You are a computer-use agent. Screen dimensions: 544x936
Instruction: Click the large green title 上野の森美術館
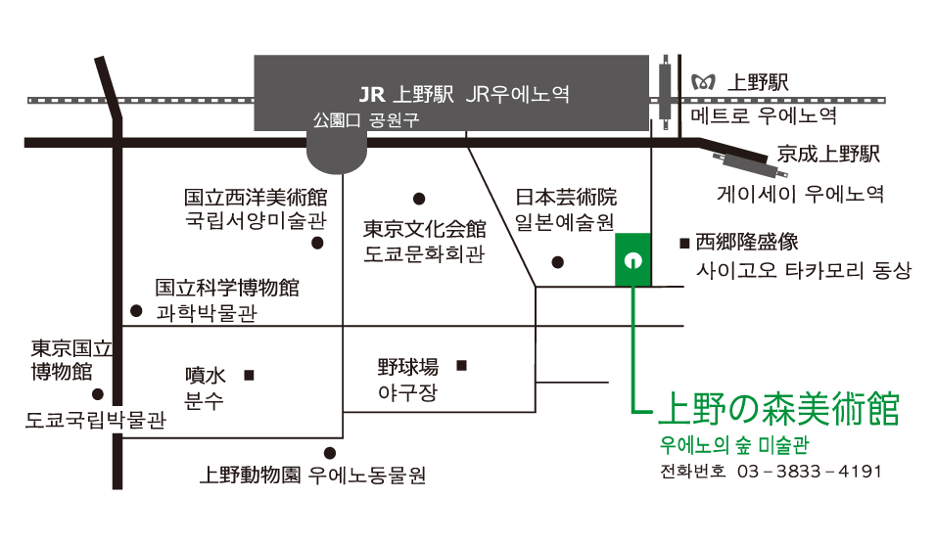(779, 408)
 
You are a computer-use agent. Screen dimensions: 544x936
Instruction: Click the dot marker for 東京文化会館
(419, 198)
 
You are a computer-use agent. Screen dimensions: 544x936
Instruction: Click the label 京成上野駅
(829, 155)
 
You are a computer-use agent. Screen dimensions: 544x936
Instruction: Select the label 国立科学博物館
(227, 289)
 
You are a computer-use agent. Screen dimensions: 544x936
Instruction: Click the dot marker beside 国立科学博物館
(135, 311)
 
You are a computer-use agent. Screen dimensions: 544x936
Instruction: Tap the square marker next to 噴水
(249, 374)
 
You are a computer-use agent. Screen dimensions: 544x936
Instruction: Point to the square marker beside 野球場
(462, 366)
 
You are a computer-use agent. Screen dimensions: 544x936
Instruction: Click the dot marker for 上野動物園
(329, 452)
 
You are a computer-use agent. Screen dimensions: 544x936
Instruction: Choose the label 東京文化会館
(424, 230)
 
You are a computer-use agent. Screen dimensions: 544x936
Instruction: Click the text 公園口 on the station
(335, 121)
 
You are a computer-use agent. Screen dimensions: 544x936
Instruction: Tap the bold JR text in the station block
(372, 95)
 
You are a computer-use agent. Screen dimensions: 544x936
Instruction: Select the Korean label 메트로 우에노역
(764, 115)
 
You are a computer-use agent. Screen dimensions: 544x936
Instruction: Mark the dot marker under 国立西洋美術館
(317, 244)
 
